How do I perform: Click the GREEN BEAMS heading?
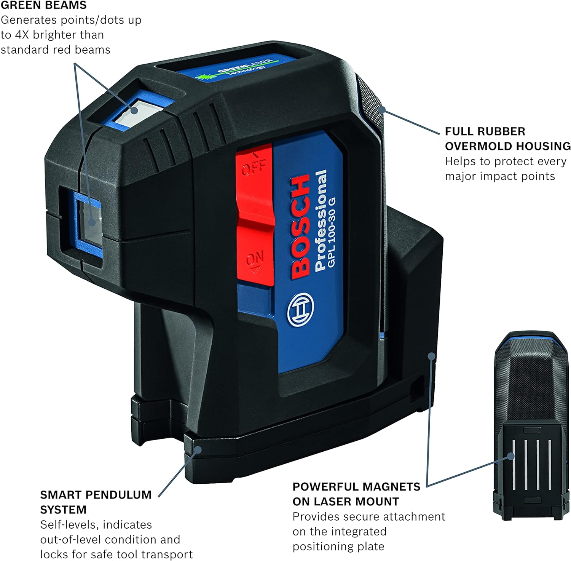[x=43, y=5]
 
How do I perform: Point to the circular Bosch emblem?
[x=301, y=310]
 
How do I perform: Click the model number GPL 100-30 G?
[x=332, y=232]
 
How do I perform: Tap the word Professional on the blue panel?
[x=321, y=221]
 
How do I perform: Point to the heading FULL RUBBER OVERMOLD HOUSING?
[x=507, y=139]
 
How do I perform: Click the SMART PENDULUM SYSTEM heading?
[x=96, y=502]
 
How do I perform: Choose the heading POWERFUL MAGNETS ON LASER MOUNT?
[x=356, y=494]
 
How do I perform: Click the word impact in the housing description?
[x=514, y=176]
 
